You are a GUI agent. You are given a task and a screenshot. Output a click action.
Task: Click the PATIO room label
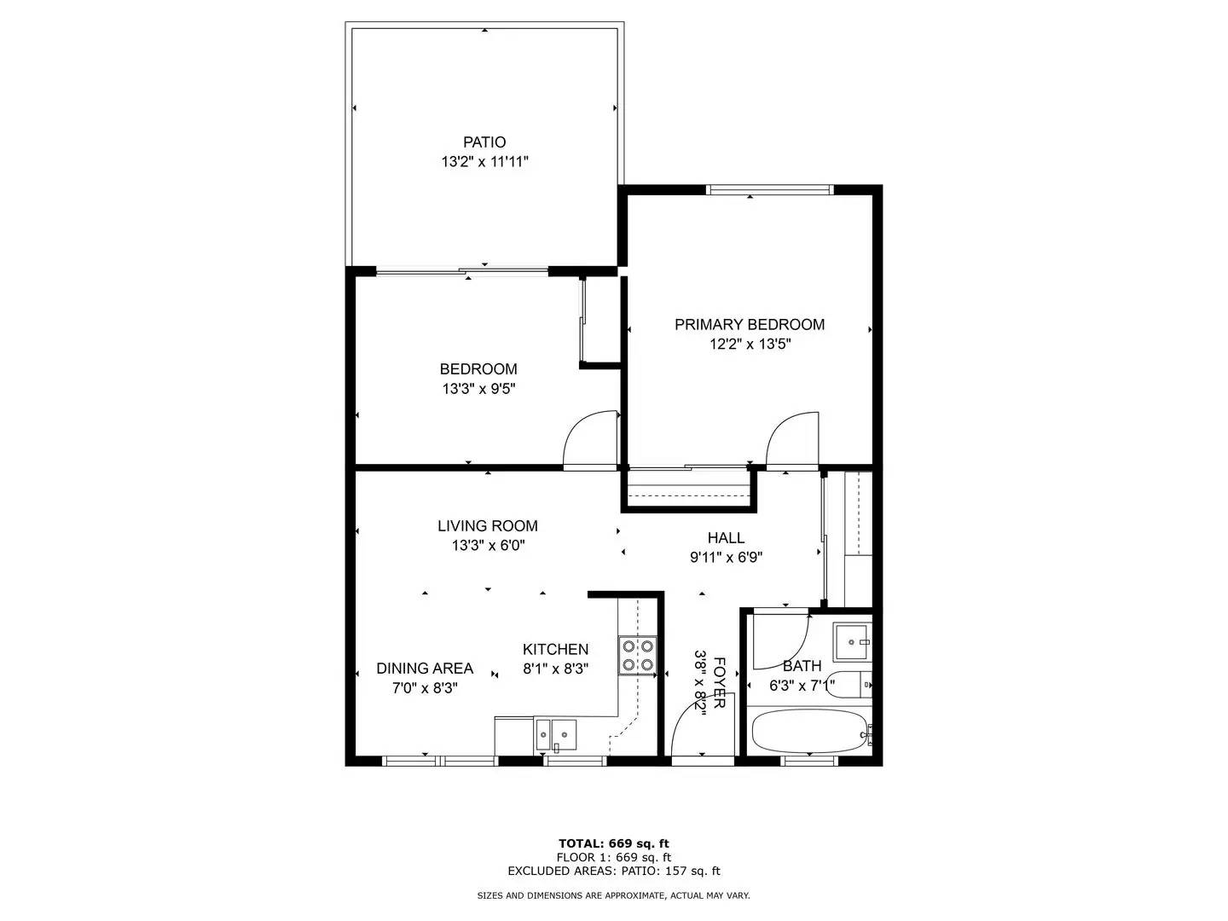pos(484,142)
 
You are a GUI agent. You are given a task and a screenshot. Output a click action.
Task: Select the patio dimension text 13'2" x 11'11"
pos(484,162)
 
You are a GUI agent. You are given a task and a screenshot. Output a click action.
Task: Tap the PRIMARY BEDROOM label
pos(749,324)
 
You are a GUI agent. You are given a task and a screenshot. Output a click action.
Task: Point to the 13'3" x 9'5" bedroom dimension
pos(478,388)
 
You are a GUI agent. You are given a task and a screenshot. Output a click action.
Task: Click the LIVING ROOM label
pos(487,525)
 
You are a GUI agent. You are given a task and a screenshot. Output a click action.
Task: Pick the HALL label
pos(726,537)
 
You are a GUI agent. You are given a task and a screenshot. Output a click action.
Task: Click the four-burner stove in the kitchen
pos(637,656)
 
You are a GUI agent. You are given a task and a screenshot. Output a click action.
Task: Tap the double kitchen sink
pos(556,734)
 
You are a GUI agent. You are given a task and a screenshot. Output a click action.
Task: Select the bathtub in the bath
pos(811,732)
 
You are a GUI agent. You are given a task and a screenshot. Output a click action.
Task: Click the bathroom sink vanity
pos(852,642)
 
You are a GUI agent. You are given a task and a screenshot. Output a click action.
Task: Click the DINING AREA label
pos(425,669)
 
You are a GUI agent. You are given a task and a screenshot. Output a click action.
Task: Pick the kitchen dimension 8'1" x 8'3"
pos(555,669)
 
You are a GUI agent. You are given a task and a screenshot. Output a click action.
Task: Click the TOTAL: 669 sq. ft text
pos(614,843)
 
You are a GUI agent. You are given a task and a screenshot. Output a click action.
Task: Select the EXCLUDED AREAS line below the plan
pos(614,871)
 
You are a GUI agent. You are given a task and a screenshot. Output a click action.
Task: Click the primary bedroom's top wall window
pos(770,189)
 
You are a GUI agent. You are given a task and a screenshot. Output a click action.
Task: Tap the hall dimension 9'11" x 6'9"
pos(727,557)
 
